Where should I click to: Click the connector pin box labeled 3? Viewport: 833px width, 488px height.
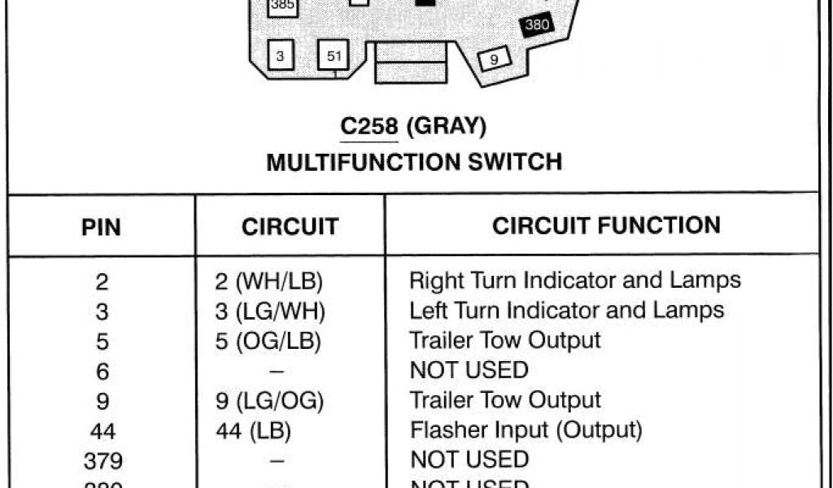(281, 56)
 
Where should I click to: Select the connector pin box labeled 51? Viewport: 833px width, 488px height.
(334, 56)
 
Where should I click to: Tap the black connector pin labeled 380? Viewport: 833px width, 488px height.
(537, 25)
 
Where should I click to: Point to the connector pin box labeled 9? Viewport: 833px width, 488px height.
(494, 59)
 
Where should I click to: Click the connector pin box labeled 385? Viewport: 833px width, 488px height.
(282, 6)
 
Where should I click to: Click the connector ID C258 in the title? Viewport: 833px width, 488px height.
(369, 127)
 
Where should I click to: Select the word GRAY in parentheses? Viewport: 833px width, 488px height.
(446, 127)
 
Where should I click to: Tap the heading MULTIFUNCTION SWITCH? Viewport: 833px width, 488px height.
(414, 162)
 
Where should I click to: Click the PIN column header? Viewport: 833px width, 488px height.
(102, 227)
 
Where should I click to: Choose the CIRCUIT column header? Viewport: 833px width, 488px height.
(290, 227)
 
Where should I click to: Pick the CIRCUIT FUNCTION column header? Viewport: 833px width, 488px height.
(606, 225)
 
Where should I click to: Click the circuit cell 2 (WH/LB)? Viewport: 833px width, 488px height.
(269, 281)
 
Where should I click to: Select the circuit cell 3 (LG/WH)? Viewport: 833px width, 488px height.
(270, 312)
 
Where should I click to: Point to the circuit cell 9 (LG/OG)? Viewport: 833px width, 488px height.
(270, 400)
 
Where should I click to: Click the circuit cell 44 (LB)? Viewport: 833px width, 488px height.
(254, 430)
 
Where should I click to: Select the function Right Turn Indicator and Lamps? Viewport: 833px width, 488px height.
(575, 281)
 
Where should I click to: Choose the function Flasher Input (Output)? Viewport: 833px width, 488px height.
(526, 429)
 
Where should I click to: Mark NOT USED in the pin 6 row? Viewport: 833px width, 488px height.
(469, 371)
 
